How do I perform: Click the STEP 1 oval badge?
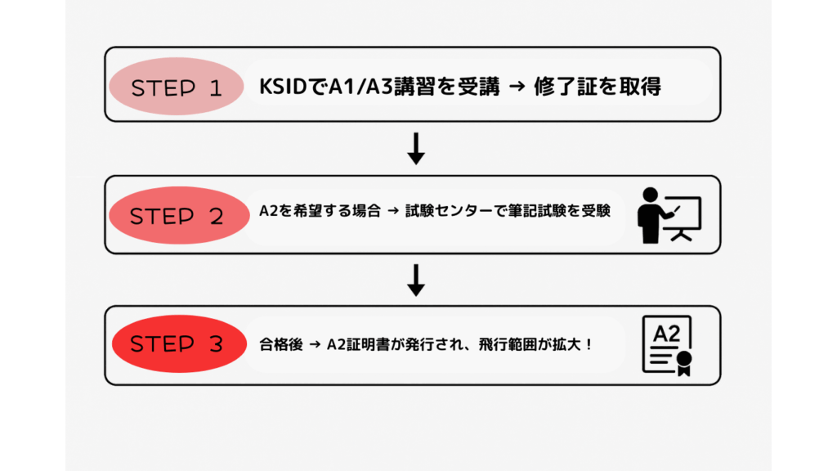tap(177, 87)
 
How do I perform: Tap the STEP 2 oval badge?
tap(177, 216)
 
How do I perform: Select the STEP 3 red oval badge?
tap(177, 344)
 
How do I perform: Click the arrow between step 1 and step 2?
tap(416, 148)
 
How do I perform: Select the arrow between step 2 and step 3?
tap(416, 279)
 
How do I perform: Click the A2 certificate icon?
tap(666, 345)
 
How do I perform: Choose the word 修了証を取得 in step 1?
tap(597, 87)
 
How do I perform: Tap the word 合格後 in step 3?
tap(276, 345)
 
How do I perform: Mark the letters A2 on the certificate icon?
tap(665, 334)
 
